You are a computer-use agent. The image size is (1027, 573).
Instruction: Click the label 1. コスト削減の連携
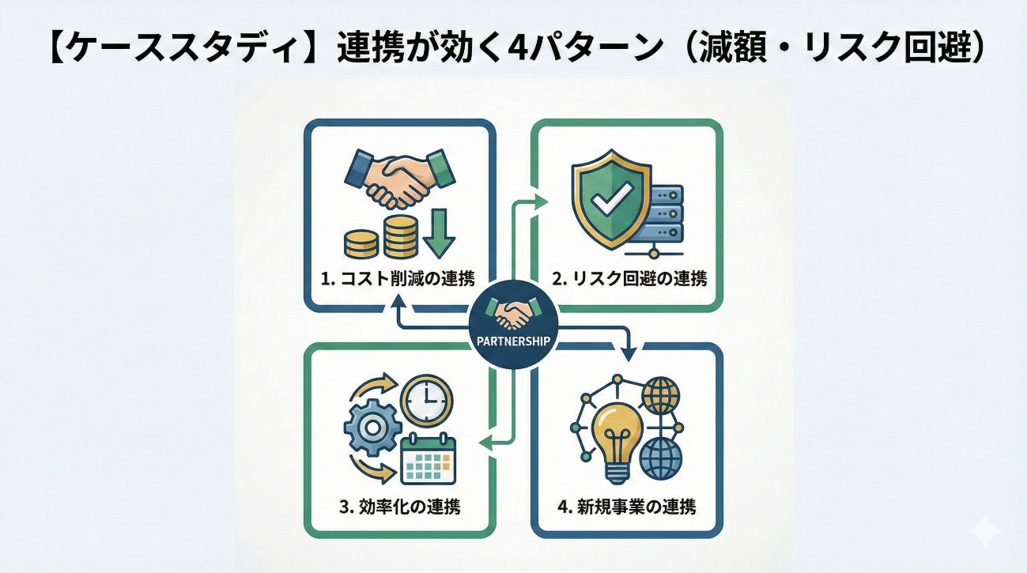398,278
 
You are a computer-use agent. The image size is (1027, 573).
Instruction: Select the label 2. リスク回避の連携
629,278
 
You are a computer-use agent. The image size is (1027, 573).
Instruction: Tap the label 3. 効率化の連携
400,507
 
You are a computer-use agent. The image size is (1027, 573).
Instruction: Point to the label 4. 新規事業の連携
627,507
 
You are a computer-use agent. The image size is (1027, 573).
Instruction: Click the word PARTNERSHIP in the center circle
513,341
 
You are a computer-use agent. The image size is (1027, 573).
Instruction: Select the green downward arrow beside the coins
439,233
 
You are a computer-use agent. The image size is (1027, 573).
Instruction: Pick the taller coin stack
401,236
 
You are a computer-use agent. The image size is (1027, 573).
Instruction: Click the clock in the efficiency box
426,398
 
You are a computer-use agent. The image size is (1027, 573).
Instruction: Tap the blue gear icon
373,428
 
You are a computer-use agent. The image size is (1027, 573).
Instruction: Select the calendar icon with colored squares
429,459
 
